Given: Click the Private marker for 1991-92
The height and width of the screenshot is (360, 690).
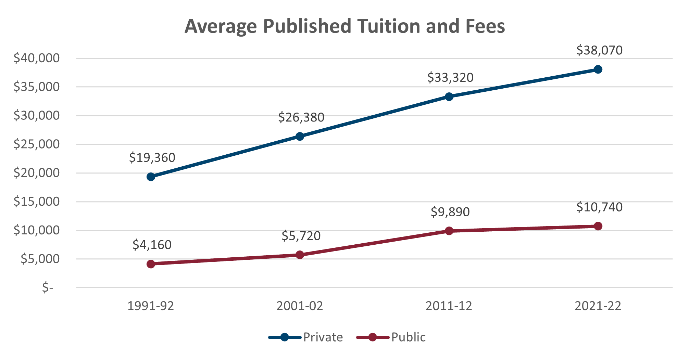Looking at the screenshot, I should [x=151, y=177].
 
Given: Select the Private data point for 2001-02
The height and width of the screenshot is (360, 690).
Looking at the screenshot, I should [x=300, y=137].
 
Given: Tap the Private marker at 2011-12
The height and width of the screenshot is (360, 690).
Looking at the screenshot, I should [x=449, y=97].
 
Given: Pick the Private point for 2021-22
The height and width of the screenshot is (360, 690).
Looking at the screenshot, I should [x=598, y=69].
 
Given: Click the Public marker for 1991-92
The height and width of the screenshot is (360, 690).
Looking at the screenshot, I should [x=151, y=264].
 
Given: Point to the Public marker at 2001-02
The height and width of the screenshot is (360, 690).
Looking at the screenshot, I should [x=300, y=255].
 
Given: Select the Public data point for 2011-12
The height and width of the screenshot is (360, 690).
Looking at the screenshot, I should [x=449, y=231].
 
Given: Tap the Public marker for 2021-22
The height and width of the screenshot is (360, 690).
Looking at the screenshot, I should [x=598, y=226].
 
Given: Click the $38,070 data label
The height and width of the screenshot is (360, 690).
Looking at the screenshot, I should [x=599, y=50].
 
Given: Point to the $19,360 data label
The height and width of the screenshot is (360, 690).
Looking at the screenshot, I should [x=152, y=157].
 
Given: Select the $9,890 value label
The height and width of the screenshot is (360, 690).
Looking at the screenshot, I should [x=450, y=212].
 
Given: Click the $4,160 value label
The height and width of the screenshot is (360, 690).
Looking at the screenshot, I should [x=152, y=245].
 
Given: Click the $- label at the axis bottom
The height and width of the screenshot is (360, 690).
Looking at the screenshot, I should [x=48, y=288].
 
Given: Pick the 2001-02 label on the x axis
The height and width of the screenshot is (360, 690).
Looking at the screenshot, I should [x=300, y=306].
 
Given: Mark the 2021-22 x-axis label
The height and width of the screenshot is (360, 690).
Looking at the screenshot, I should [x=598, y=306].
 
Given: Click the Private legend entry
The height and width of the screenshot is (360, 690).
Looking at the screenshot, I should [x=323, y=337].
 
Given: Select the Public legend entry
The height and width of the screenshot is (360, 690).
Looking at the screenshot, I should [x=408, y=337].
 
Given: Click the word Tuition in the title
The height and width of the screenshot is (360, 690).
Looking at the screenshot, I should [x=389, y=26].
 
